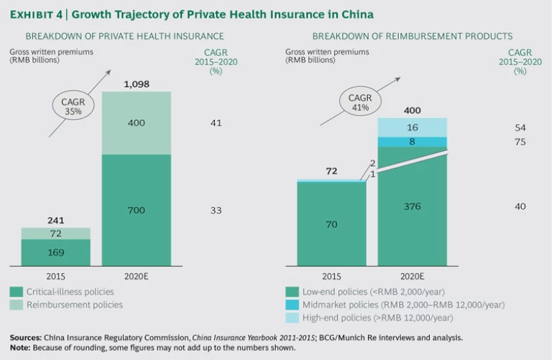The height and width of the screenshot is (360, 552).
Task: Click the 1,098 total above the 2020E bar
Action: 136,85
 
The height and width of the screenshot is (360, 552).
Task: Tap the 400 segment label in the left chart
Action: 136,123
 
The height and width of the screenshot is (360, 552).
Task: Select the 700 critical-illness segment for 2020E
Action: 136,210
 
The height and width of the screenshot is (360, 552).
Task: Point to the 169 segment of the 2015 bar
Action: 55,253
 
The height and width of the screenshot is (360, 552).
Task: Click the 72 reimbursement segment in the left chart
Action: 55,234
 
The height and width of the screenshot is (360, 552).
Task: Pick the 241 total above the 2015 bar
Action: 55,221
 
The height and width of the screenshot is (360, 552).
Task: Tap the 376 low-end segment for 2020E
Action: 412,206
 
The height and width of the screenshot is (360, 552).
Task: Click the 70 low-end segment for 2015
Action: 331,224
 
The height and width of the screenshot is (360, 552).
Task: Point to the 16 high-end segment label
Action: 412,127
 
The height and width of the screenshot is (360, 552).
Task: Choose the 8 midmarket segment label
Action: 412,142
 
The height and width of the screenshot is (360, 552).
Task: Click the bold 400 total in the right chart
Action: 412,111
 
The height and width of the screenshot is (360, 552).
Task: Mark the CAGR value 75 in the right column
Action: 520,142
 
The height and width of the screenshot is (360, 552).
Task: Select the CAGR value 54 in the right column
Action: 520,127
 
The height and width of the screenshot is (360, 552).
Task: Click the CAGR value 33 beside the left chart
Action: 216,210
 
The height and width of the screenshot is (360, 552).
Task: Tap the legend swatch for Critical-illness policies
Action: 15,292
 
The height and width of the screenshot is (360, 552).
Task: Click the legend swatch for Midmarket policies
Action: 291,305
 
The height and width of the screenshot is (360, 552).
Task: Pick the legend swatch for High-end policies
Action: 291,318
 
